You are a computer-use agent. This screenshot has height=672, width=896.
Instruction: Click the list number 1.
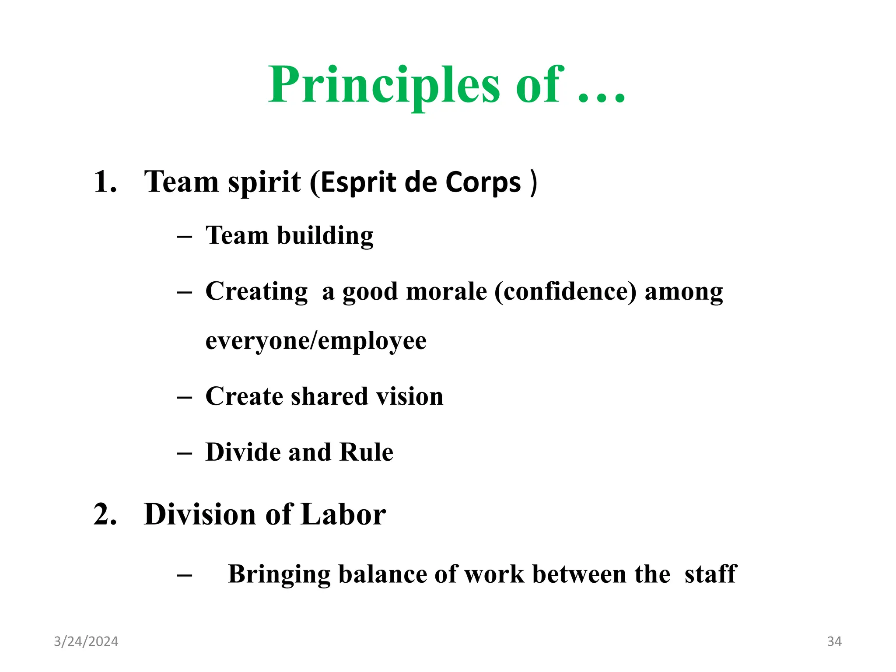tap(105, 182)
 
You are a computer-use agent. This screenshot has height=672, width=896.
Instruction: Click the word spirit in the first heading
tap(264, 182)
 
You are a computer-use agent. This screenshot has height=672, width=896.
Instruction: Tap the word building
tap(325, 236)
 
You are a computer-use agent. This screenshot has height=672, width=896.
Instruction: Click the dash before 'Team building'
tap(184, 237)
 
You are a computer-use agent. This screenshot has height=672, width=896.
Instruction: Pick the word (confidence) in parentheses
tap(565, 291)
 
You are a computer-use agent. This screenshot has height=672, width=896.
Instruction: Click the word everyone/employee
tap(316, 341)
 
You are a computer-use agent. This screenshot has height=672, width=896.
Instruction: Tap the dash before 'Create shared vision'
tap(184, 397)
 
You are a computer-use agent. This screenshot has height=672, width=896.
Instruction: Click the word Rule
tap(366, 452)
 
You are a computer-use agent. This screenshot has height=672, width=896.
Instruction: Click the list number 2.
tap(105, 514)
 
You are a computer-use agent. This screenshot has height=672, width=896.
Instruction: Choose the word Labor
tap(343, 514)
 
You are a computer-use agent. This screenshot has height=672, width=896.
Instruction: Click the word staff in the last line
tap(710, 574)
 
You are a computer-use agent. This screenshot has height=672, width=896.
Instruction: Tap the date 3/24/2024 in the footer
tap(86, 641)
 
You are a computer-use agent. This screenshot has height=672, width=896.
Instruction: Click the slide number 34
tap(834, 641)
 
